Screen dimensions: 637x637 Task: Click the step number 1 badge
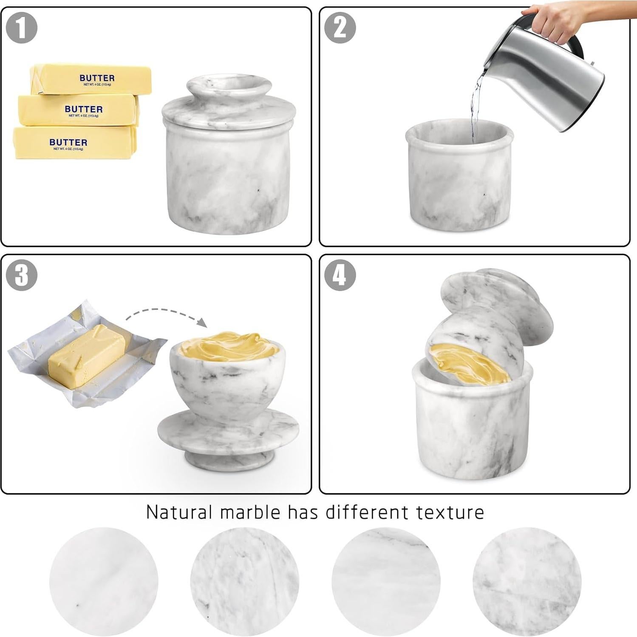pos(22,28)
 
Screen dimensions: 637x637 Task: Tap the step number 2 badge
pos(340,28)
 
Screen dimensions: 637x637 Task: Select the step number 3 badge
pos(22,275)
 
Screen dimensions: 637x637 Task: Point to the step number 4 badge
pos(340,275)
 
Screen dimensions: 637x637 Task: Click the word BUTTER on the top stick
pos(97,78)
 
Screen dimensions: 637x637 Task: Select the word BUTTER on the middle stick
pos(84,109)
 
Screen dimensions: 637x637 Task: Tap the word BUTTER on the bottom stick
pos(68,142)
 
